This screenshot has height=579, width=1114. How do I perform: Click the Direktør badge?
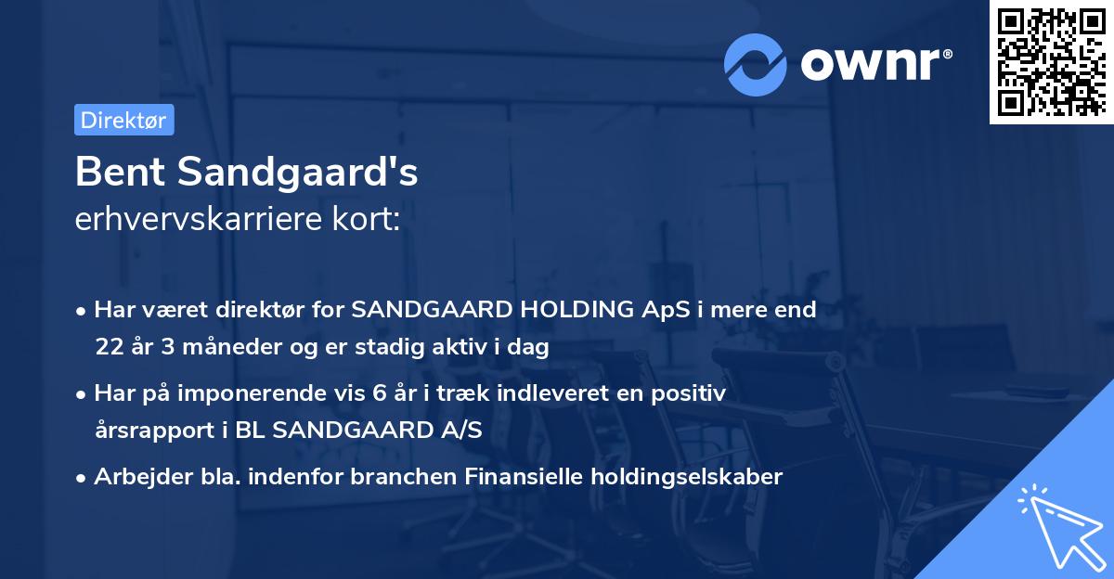point(123,120)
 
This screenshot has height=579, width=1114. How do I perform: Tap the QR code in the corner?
point(1051,61)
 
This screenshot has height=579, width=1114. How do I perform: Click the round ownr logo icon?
point(756,64)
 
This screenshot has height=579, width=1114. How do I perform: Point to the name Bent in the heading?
point(115,172)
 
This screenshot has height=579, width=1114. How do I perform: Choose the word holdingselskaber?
point(677,477)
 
